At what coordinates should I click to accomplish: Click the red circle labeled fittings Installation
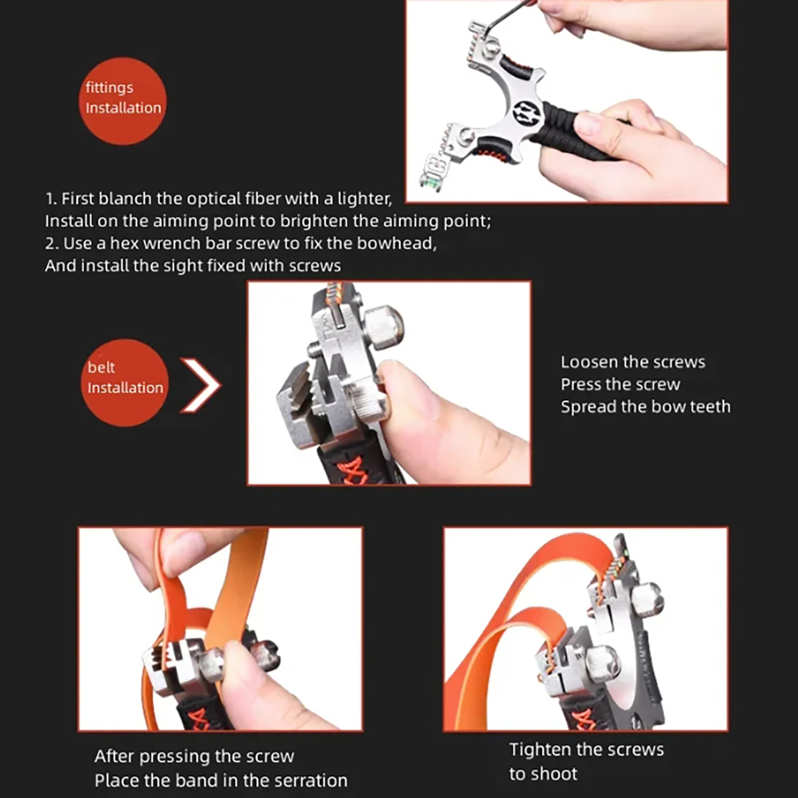click(x=122, y=101)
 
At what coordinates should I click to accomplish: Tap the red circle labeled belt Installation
click(x=125, y=383)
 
